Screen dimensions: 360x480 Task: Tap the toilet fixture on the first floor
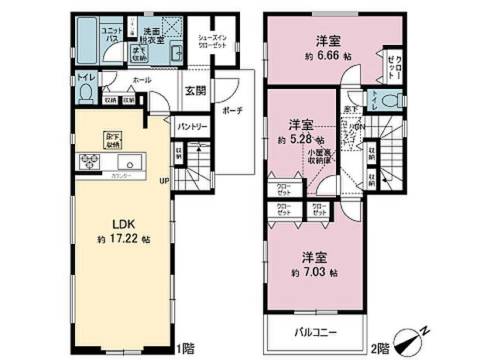click(x=85, y=92)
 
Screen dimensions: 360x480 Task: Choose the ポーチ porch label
click(x=233, y=111)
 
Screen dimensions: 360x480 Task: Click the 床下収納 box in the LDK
click(x=113, y=139)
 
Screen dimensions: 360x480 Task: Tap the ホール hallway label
click(x=141, y=81)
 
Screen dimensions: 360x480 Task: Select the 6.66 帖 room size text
click(x=324, y=57)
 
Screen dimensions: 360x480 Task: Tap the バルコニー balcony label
click(x=314, y=333)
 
